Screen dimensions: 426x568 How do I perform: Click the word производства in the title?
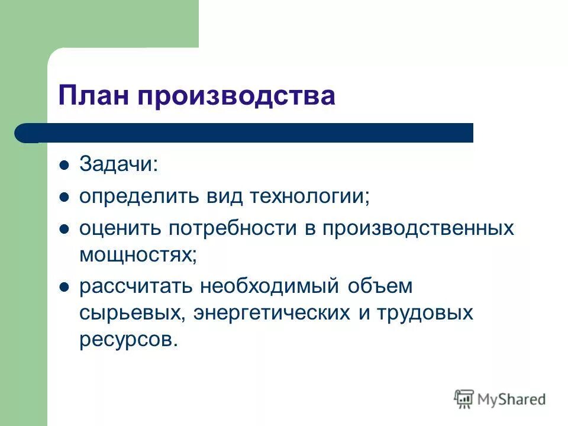(x=237, y=95)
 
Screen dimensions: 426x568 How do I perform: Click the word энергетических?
(x=273, y=313)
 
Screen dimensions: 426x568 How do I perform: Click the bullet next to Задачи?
(x=64, y=165)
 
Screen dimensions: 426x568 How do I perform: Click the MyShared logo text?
(x=511, y=399)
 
